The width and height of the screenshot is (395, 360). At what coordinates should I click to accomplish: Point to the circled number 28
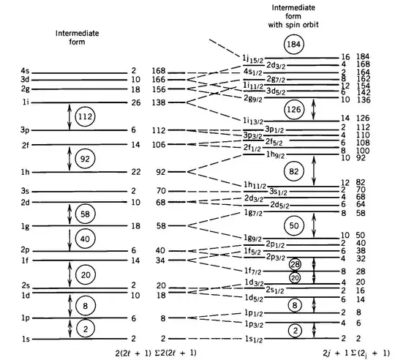click(x=295, y=264)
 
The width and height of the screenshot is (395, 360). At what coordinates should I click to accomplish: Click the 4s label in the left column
click(x=26, y=71)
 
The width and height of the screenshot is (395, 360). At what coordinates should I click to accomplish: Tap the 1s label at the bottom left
click(x=26, y=339)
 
